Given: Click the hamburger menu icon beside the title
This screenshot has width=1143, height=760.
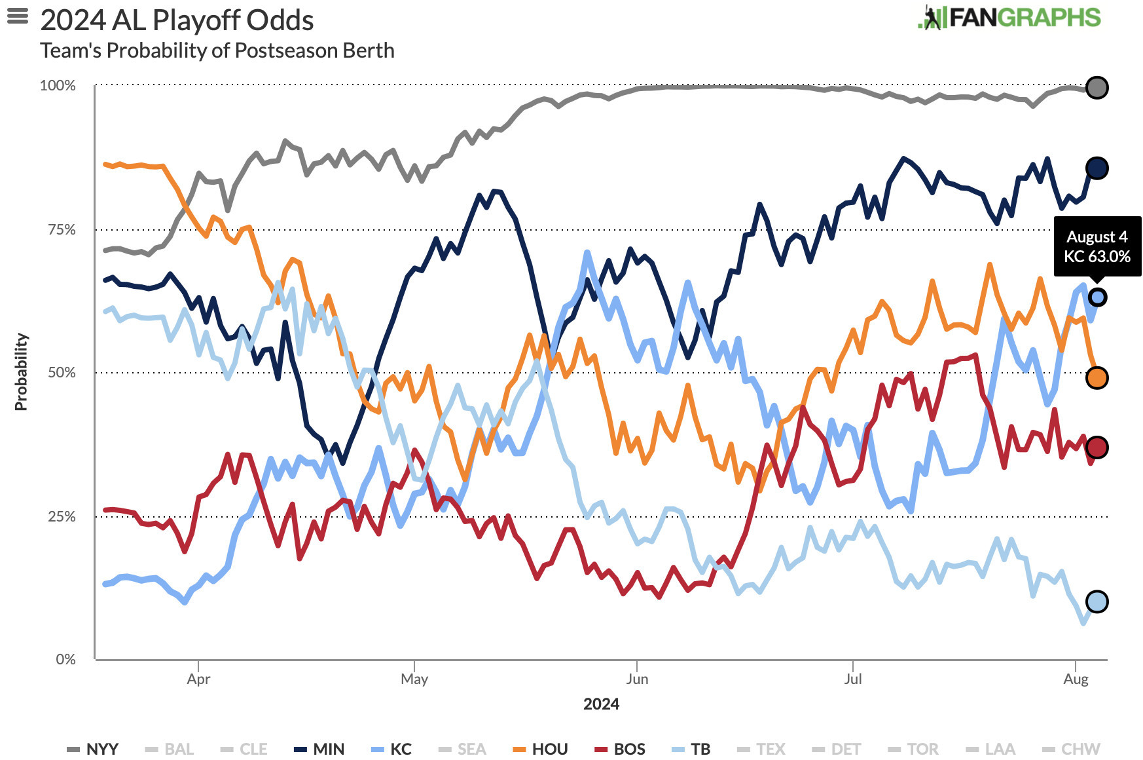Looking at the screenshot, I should pyautogui.click(x=18, y=16).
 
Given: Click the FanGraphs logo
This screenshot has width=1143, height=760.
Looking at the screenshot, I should pyautogui.click(x=1009, y=18).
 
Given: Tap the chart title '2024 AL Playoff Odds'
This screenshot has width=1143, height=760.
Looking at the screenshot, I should pyautogui.click(x=177, y=20).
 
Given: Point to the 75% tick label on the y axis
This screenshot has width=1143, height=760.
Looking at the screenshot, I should pyautogui.click(x=62, y=229).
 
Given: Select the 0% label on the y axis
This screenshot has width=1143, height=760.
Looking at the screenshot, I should pyautogui.click(x=65, y=659).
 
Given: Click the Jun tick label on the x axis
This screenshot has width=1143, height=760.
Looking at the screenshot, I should pyautogui.click(x=637, y=679).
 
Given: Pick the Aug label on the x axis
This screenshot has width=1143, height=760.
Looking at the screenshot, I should pyautogui.click(x=1076, y=679).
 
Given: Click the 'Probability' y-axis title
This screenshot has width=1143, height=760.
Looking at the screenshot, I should pyautogui.click(x=21, y=371).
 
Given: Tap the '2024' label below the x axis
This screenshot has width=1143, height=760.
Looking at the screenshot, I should pyautogui.click(x=601, y=704).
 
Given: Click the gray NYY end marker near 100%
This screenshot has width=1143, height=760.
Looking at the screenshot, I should pyautogui.click(x=1097, y=87).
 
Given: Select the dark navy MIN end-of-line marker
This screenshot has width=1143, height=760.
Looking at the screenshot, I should pyautogui.click(x=1097, y=168).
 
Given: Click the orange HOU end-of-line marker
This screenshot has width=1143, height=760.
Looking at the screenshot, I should pyautogui.click(x=1097, y=378).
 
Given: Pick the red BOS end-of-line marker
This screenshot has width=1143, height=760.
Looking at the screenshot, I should pyautogui.click(x=1097, y=447).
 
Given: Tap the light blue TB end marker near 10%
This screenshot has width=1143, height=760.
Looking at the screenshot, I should pyautogui.click(x=1097, y=601).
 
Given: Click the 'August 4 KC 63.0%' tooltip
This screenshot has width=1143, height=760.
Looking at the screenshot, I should pyautogui.click(x=1097, y=246).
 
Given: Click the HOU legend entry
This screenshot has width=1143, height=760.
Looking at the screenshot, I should pyautogui.click(x=541, y=749).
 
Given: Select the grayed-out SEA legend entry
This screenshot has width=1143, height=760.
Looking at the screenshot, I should pyautogui.click(x=463, y=749).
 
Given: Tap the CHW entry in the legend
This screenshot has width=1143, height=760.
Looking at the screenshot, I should pyautogui.click(x=1072, y=749).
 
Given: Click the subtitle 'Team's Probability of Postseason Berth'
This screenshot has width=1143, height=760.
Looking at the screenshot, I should pyautogui.click(x=217, y=50).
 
